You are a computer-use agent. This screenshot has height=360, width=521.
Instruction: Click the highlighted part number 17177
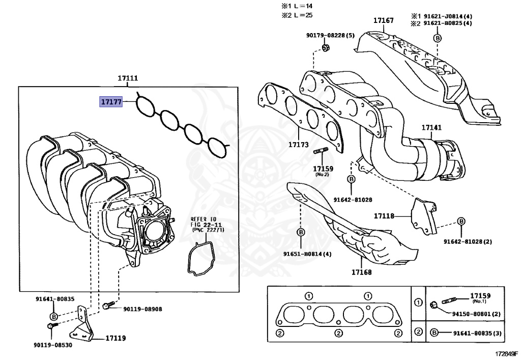[110, 102]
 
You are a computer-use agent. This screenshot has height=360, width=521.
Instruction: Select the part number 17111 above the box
[128, 78]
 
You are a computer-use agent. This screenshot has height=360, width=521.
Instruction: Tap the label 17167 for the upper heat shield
[383, 20]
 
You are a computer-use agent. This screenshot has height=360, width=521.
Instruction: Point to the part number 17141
[431, 128]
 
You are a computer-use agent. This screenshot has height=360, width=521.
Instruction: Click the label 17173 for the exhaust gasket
[299, 145]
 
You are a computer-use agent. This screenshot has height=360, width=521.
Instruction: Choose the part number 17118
[384, 216]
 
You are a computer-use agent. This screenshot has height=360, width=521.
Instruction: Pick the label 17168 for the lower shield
[361, 272]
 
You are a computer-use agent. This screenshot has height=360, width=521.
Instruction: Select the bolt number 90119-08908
[142, 309]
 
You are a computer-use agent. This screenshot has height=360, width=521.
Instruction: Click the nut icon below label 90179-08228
[326, 48]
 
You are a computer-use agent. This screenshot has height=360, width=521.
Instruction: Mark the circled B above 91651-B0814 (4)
[300, 232]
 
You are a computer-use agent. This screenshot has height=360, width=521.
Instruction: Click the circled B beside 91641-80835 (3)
[434, 333]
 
